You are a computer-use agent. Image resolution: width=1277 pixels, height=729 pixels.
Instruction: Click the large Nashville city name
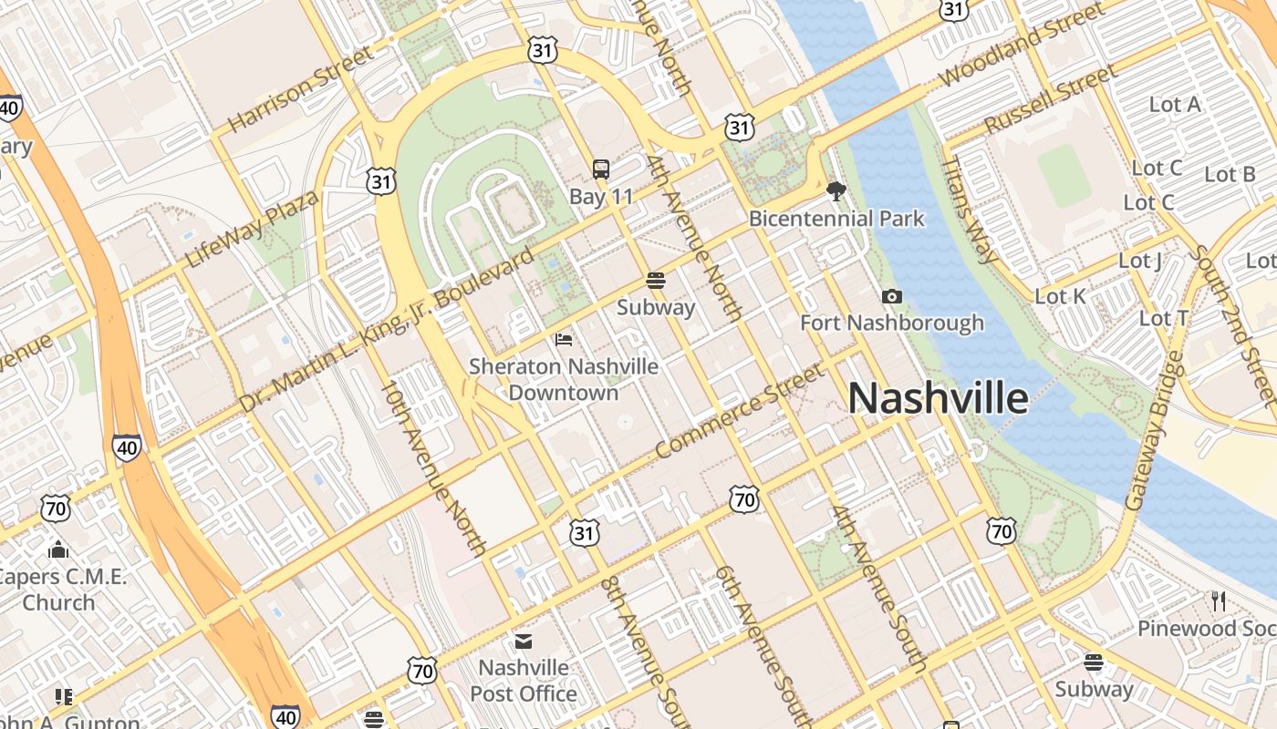(x=939, y=399)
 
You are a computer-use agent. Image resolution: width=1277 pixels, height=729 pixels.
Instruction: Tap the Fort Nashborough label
(x=892, y=323)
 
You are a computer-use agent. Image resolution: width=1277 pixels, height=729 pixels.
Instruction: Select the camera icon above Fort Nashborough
(x=892, y=296)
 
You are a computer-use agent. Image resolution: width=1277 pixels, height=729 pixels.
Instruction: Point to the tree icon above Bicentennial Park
(x=836, y=190)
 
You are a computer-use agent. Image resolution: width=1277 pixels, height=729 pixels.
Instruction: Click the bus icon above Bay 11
(x=600, y=169)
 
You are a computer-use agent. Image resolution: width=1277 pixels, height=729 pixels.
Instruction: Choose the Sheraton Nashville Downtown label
(x=564, y=379)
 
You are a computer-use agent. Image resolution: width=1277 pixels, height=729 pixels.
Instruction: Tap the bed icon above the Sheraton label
(x=564, y=340)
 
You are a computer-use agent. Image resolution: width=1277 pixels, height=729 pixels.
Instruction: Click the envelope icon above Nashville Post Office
(x=524, y=642)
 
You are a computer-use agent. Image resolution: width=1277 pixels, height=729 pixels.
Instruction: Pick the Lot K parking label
(x=1060, y=296)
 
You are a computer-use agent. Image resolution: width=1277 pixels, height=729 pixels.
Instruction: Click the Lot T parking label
(x=1164, y=318)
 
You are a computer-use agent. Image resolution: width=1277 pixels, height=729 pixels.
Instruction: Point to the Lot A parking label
(x=1175, y=105)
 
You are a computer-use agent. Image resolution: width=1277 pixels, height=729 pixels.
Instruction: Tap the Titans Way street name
(x=971, y=209)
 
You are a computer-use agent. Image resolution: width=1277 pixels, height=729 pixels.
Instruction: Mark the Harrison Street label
(x=301, y=88)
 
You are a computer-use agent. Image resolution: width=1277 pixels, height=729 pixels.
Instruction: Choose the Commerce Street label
(x=740, y=411)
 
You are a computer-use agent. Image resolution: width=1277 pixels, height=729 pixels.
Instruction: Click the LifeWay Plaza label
(x=253, y=229)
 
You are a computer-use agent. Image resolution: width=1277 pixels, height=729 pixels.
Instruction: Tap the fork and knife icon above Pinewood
(x=1219, y=601)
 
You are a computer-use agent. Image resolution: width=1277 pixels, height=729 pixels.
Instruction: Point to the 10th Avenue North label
(x=433, y=467)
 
